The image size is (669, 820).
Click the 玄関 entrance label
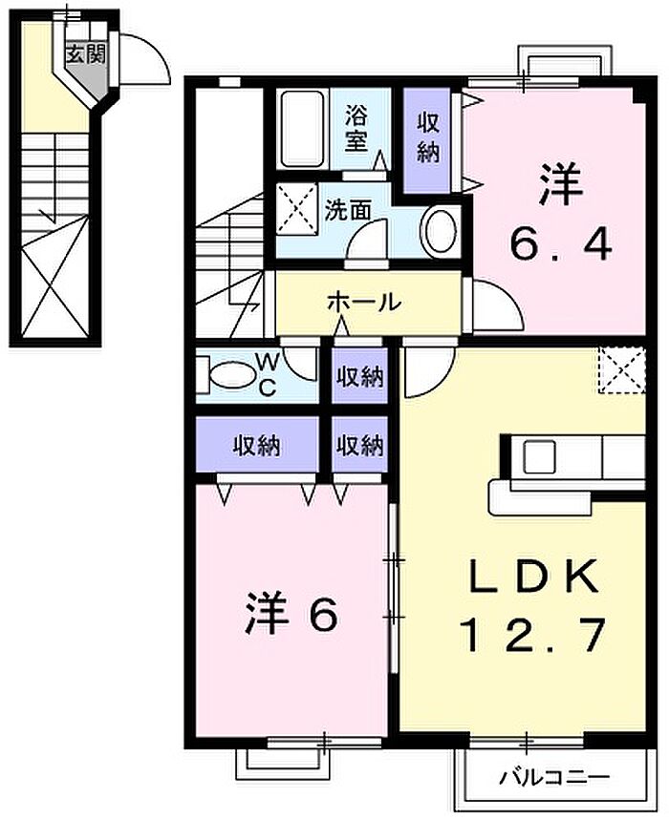click(86, 53)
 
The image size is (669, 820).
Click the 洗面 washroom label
click(348, 210)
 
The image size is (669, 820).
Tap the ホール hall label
click(364, 302)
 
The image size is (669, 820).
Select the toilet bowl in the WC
click(228, 375)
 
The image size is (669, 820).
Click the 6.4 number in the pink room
click(561, 245)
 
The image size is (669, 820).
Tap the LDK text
click(533, 576)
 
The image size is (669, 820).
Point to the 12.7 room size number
click(533, 635)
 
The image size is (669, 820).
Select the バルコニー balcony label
click(553, 778)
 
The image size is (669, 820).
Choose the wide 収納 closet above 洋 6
click(256, 446)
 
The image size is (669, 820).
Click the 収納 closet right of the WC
click(360, 376)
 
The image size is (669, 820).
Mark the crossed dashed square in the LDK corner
click(622, 369)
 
